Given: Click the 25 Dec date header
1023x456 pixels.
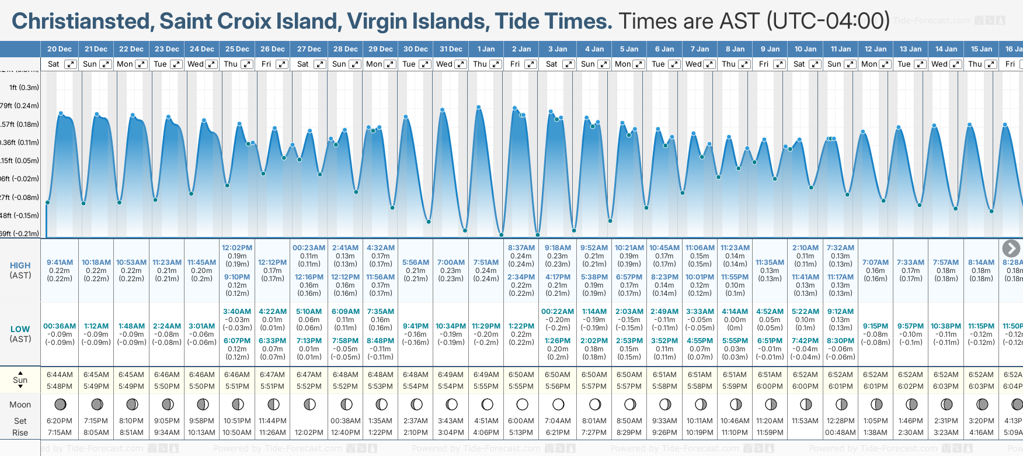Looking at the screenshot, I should pyautogui.click(x=237, y=49).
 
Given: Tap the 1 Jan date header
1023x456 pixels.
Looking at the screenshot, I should pyautogui.click(x=486, y=49).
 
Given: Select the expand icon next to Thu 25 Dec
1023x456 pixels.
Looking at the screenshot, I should pyautogui.click(x=247, y=64).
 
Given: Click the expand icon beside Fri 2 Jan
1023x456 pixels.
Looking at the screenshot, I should pyautogui.click(x=531, y=64).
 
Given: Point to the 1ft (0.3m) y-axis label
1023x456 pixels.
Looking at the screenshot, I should pyautogui.click(x=24, y=88).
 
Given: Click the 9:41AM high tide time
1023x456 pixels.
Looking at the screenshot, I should pyautogui.click(x=60, y=262).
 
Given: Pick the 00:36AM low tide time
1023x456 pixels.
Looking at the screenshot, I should pyautogui.click(x=60, y=326).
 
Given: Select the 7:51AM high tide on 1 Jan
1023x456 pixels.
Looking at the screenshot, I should pyautogui.click(x=486, y=262).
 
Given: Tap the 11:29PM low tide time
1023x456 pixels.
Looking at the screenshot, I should pyautogui.click(x=486, y=326).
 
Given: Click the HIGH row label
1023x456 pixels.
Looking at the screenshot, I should pyautogui.click(x=20, y=265).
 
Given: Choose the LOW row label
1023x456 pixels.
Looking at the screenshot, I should pyautogui.click(x=20, y=329).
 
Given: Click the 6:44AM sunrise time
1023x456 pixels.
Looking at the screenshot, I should pyautogui.click(x=60, y=375).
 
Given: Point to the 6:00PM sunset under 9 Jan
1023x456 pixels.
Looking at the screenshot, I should pyautogui.click(x=770, y=386).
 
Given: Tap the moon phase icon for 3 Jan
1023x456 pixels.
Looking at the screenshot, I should pyautogui.click(x=558, y=405).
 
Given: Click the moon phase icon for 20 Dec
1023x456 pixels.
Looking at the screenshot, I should pyautogui.click(x=60, y=405).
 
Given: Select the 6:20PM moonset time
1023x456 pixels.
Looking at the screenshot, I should pyautogui.click(x=60, y=421).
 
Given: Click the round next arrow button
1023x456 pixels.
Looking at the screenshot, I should pyautogui.click(x=1011, y=248).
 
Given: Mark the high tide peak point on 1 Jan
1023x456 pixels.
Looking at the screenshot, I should pyautogui.click(x=479, y=108).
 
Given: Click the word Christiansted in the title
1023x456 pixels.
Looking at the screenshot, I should pyautogui.click(x=82, y=22).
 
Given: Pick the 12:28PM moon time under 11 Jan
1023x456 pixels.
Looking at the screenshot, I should pyautogui.click(x=840, y=421).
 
